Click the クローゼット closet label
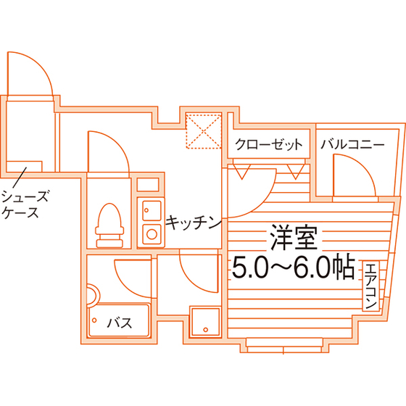(268, 144)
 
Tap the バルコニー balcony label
(352, 144)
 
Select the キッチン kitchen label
(194, 222)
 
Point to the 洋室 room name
(294, 238)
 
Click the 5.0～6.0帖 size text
(294, 267)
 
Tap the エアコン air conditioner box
(370, 286)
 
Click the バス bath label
(120, 323)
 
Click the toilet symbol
(109, 225)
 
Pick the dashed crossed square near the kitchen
(204, 130)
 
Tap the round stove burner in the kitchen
(152, 234)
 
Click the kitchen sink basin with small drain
(152, 210)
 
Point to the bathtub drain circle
(94, 320)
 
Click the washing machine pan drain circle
(206, 330)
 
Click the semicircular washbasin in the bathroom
(96, 296)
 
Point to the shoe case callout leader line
(20, 178)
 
